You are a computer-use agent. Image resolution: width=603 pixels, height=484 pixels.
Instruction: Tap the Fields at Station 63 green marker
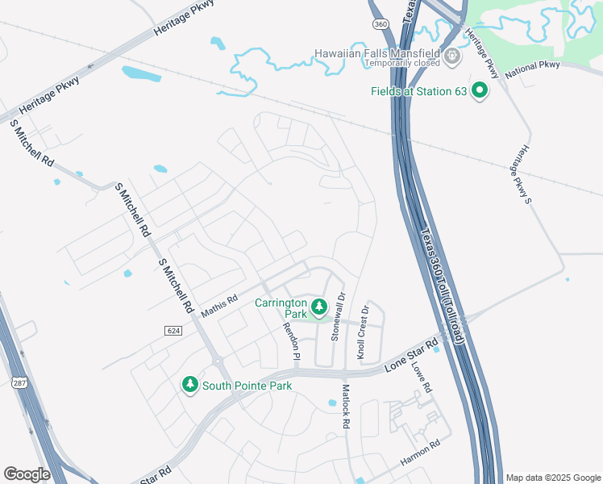[x=480, y=91]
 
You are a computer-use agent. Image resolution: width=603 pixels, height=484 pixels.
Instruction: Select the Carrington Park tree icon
[x=318, y=307]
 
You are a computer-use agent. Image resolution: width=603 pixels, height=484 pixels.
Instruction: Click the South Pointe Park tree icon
[x=190, y=386]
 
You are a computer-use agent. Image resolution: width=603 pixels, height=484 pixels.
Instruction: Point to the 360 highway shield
[x=381, y=25]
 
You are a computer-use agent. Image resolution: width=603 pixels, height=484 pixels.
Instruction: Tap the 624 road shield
[x=173, y=330]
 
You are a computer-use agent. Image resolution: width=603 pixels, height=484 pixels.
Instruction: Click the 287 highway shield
[x=19, y=384]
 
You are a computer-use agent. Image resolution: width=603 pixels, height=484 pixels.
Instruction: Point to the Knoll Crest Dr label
[x=363, y=332]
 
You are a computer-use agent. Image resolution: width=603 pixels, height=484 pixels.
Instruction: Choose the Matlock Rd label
[x=345, y=406]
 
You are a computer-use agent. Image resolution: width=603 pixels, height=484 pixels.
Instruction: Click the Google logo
[x=27, y=474]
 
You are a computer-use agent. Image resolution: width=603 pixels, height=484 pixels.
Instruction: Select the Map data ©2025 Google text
[x=552, y=478]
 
